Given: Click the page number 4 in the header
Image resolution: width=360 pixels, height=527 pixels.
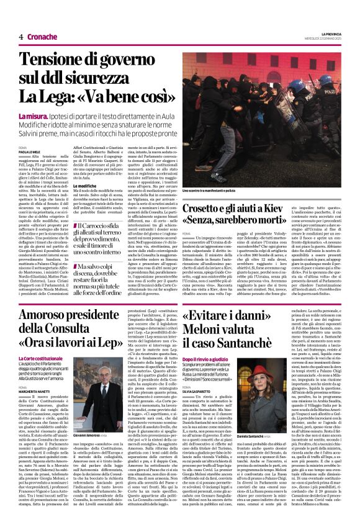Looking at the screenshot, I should coord(20,37).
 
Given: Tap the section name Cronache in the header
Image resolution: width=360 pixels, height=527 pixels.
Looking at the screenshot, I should coord(41,37).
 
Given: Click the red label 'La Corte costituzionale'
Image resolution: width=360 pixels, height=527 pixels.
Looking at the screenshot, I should coord(40,359).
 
